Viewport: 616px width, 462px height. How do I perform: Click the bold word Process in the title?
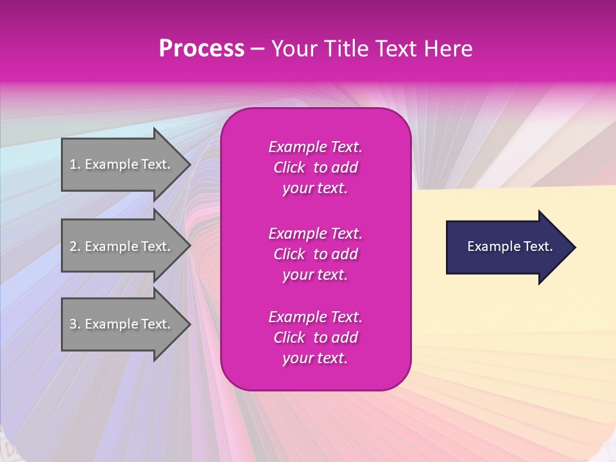pyautogui.click(x=201, y=49)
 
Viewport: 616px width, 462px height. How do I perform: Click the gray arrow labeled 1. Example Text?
pyautogui.click(x=122, y=164)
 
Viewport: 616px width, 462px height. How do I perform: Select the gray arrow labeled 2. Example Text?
pyautogui.click(x=122, y=246)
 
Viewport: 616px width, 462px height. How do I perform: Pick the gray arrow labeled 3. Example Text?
pyautogui.click(x=122, y=324)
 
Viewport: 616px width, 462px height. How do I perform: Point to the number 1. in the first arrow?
pyautogui.click(x=75, y=164)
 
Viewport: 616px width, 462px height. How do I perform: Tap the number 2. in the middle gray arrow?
pyautogui.click(x=75, y=246)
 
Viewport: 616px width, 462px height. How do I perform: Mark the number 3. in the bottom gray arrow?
pyautogui.click(x=75, y=324)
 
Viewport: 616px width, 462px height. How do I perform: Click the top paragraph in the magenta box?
pyautogui.click(x=315, y=167)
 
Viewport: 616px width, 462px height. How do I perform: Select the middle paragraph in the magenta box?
pyautogui.click(x=315, y=254)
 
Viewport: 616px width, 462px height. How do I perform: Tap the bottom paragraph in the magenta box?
pyautogui.click(x=315, y=338)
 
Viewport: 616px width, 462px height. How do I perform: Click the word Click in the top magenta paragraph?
pyautogui.click(x=289, y=167)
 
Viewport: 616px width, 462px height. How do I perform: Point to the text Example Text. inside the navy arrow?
pyautogui.click(x=509, y=246)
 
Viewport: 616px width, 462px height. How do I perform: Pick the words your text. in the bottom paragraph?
pyautogui.click(x=315, y=358)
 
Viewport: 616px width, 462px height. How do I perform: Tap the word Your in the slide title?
pyautogui.click(x=295, y=49)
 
